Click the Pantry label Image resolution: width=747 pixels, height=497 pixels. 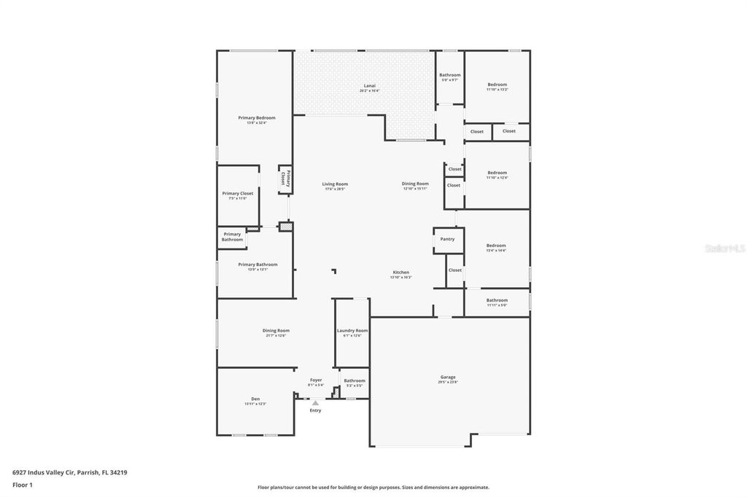tap(447, 239)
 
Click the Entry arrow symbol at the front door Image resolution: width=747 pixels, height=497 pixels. tap(315, 402)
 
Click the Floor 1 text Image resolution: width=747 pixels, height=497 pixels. tap(23, 485)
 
